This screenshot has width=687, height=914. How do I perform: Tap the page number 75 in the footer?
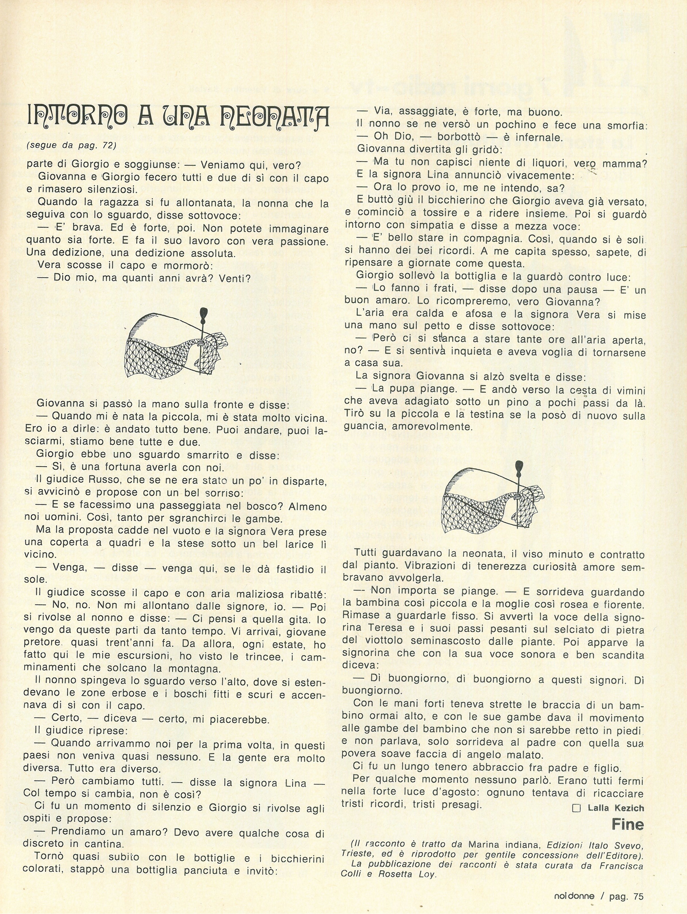(638, 893)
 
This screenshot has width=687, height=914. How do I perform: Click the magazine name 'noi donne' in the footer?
(574, 893)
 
